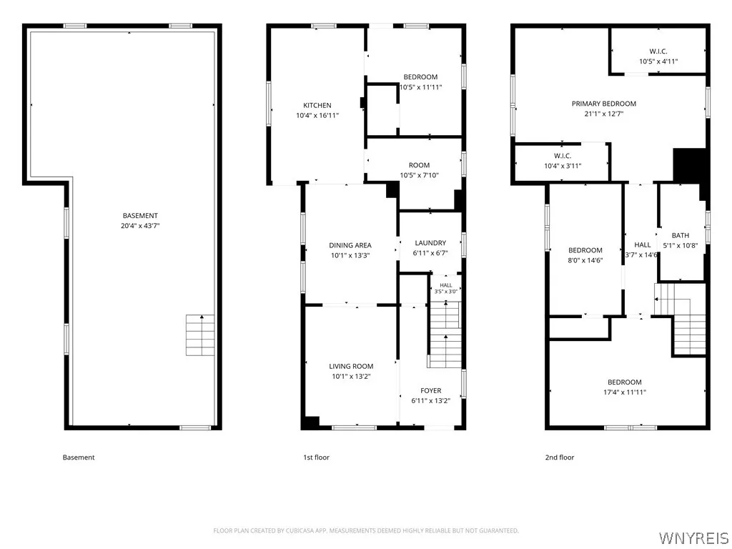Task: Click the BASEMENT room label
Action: click(x=140, y=216)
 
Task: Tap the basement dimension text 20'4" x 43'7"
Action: click(x=140, y=226)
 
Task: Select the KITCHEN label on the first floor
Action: click(x=317, y=106)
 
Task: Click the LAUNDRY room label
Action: click(x=430, y=243)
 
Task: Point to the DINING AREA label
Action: click(x=350, y=245)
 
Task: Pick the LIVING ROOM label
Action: click(x=351, y=367)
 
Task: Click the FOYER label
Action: click(x=430, y=391)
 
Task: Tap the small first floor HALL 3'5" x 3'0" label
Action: click(x=446, y=289)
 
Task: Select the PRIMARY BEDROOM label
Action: click(x=604, y=104)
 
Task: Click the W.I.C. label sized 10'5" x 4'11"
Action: click(x=658, y=56)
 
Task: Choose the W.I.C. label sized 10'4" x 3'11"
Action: click(x=563, y=161)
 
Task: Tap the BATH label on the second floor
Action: click(x=681, y=235)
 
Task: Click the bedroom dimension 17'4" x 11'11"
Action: click(x=625, y=392)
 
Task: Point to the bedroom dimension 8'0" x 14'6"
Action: click(x=585, y=260)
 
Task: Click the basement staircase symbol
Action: click(x=200, y=335)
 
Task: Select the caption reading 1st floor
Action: click(x=316, y=457)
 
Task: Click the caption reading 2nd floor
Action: click(x=559, y=457)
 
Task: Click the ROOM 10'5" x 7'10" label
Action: click(x=419, y=170)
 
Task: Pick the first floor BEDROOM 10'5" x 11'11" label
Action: click(x=420, y=82)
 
